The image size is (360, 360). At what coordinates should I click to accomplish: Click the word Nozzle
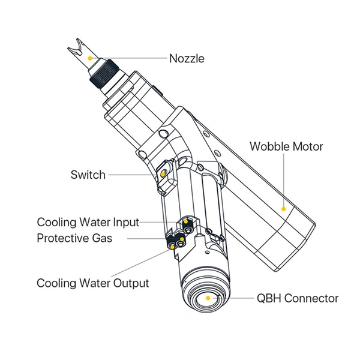pos(187,59)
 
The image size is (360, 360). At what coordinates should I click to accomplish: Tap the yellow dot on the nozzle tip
pos(90,58)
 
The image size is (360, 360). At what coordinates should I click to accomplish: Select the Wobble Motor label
pos(286,146)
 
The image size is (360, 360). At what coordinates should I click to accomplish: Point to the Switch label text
pos(88,175)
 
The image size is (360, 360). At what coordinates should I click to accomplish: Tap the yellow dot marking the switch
pos(164,174)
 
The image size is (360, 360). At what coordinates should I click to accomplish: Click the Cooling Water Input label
pos(88,223)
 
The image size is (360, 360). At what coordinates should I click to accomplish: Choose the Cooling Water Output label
pos(93,283)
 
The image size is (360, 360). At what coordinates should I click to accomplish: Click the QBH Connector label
pos(298,298)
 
